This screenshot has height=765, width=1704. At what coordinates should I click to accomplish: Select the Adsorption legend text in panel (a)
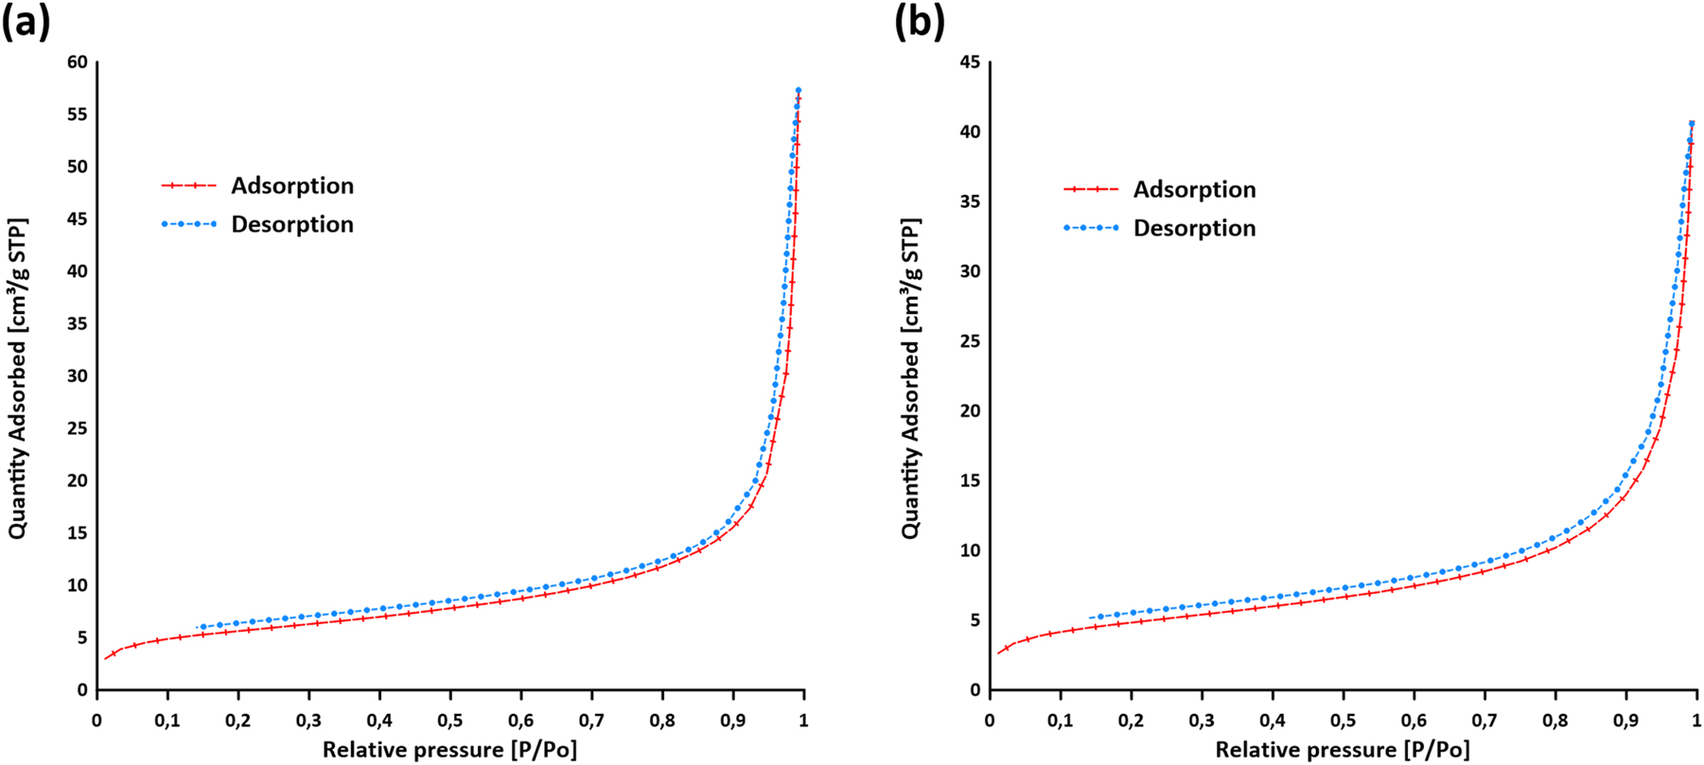[x=292, y=186]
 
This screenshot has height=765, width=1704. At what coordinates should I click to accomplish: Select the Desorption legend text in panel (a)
[x=292, y=225]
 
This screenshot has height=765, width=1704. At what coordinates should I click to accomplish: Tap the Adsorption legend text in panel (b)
[x=1194, y=190]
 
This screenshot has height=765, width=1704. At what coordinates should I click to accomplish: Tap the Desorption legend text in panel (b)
[x=1194, y=229]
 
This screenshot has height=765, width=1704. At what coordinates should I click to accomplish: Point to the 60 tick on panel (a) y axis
[x=78, y=62]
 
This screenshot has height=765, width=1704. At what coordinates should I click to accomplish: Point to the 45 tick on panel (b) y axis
[x=970, y=62]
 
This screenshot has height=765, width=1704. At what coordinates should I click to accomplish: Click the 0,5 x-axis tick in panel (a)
[x=450, y=721]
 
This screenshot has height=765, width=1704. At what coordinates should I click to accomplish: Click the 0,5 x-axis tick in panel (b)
[x=1343, y=721]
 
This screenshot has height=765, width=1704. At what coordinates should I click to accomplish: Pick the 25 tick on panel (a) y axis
[x=78, y=428]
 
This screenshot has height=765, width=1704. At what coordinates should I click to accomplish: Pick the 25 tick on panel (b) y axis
[x=970, y=341]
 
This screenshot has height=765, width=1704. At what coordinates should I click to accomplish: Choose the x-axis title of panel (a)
[x=449, y=751]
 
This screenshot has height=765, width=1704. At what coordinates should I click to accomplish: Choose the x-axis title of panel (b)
[x=1343, y=751]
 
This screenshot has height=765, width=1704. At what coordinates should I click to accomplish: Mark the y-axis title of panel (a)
[x=18, y=378]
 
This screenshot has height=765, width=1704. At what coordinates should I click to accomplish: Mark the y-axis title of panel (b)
[x=910, y=378]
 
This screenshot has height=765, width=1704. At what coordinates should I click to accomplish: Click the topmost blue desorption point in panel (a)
[x=799, y=91]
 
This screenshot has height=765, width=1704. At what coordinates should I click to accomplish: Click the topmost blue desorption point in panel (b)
[x=1692, y=123]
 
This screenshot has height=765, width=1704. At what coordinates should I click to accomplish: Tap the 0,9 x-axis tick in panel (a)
[x=732, y=721]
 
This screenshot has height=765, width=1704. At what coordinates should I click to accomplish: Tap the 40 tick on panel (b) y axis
[x=970, y=132]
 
